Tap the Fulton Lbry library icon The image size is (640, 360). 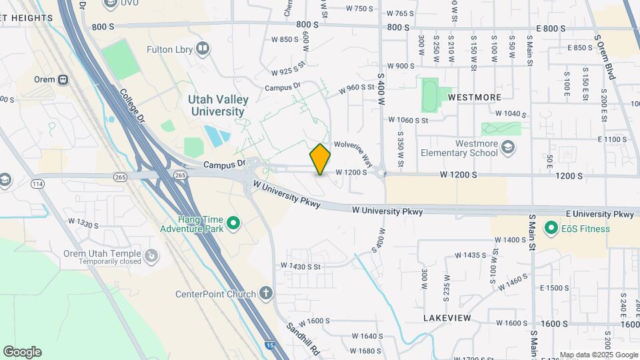pyautogui.click(x=203, y=49)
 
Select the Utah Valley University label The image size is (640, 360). pyautogui.click(x=218, y=105)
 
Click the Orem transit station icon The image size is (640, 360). pyautogui.click(x=63, y=79)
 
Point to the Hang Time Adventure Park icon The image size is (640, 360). pyautogui.click(x=233, y=223)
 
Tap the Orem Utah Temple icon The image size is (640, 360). pyautogui.click(x=153, y=254)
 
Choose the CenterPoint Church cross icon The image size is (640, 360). pyautogui.click(x=266, y=294)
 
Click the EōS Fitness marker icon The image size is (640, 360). pyautogui.click(x=551, y=229)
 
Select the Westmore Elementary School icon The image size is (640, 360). pyautogui.click(x=508, y=147)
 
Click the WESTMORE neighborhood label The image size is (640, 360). pyautogui.click(x=474, y=97)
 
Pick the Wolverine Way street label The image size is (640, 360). pyautogui.click(x=354, y=153)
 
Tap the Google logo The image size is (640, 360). pyautogui.click(x=21, y=352)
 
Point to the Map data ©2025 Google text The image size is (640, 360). pyautogui.click(x=599, y=355)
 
